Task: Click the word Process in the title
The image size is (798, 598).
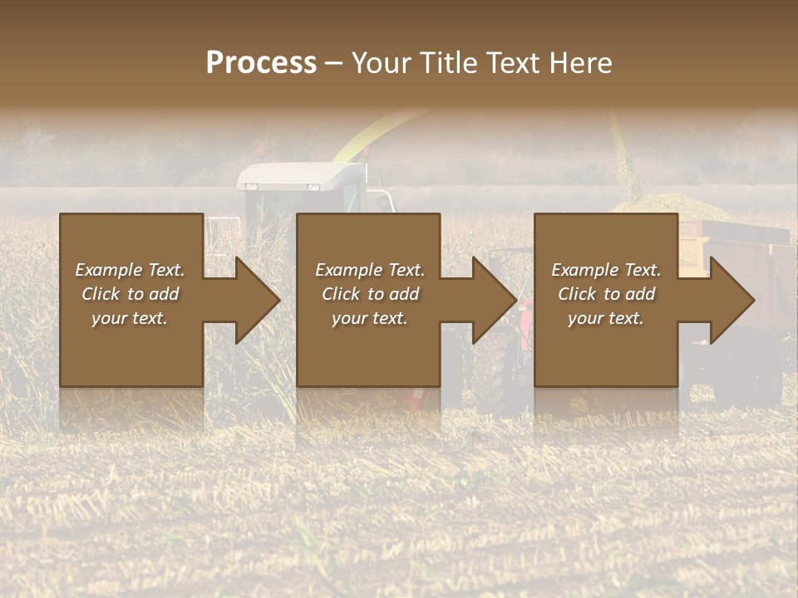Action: click(x=261, y=63)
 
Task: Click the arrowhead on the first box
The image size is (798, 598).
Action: click(x=254, y=300)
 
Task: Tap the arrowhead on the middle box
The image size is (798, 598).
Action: click(x=490, y=300)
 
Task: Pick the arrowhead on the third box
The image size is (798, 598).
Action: click(x=728, y=300)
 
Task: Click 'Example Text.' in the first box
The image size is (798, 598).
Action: click(x=130, y=270)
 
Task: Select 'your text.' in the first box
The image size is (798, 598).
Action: click(x=130, y=318)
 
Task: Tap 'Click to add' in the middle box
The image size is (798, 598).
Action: click(x=370, y=294)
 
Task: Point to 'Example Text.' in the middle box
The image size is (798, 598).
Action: click(x=370, y=270)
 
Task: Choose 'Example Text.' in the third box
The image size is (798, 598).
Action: click(x=606, y=270)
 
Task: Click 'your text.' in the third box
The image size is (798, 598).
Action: click(x=606, y=318)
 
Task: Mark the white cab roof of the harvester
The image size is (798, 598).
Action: click(x=300, y=174)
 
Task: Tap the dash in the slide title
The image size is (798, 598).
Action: click(x=334, y=63)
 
